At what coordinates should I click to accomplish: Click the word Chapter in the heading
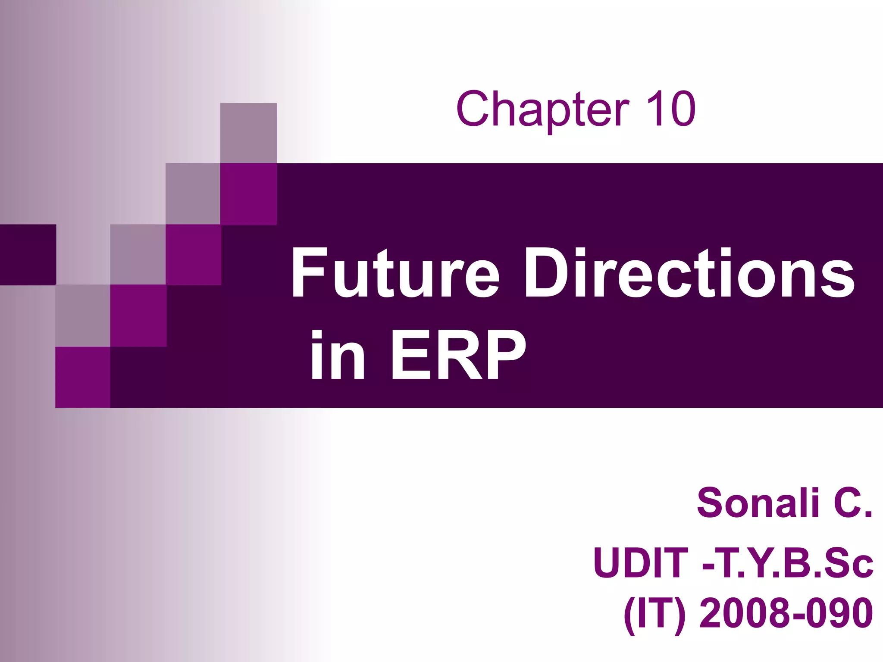click(542, 109)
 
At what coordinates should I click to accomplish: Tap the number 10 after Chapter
click(670, 109)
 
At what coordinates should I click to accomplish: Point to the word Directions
click(689, 273)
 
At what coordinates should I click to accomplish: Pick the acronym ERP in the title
click(458, 355)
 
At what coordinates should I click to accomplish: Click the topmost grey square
click(248, 133)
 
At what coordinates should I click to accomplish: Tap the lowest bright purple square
click(83, 377)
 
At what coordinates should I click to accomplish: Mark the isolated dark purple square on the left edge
click(28, 255)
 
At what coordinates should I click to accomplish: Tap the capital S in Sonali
click(711, 503)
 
